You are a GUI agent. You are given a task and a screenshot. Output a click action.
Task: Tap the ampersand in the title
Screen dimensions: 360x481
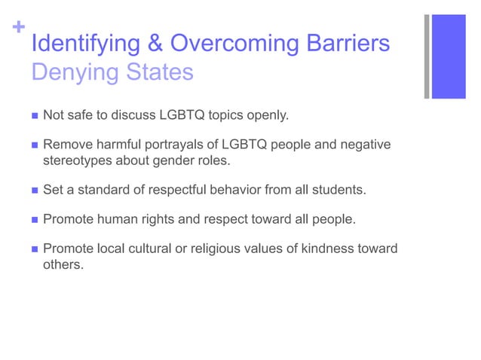156,44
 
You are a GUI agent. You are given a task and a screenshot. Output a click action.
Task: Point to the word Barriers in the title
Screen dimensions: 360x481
348,44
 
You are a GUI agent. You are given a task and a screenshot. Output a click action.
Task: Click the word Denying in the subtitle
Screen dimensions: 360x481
72,73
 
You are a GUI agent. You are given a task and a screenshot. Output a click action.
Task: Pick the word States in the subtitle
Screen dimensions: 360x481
156,73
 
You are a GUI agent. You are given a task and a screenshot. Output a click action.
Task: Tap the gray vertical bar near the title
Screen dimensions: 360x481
427,56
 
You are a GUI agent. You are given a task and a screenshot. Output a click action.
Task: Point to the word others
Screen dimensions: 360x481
61,264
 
